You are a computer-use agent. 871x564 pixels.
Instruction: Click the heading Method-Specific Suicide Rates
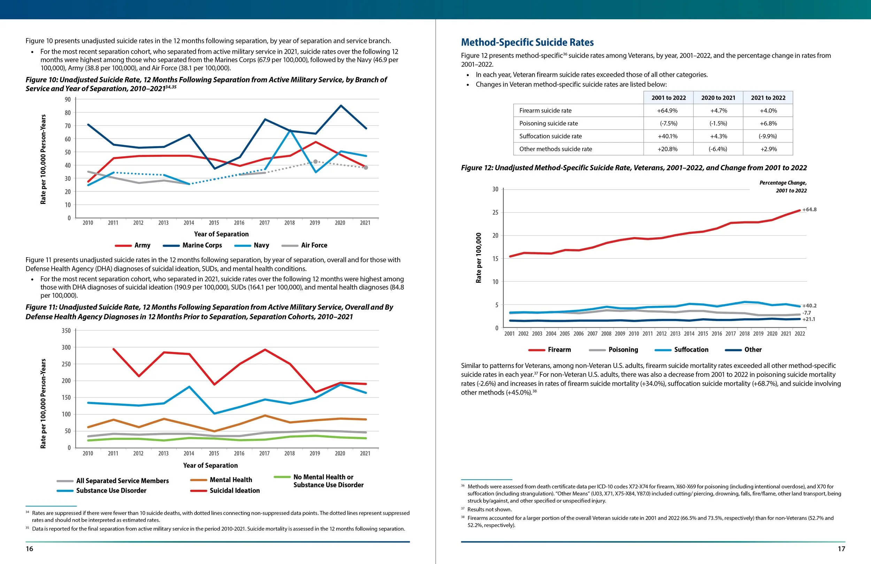[527, 43]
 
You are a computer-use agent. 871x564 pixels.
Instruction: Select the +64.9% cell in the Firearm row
[667, 110]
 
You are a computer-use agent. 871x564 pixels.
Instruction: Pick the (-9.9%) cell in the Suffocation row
[768, 136]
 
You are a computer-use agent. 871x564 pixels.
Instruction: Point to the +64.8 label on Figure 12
[809, 209]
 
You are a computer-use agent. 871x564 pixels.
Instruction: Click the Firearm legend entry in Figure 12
[559, 350]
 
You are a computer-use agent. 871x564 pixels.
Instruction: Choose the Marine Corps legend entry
[202, 245]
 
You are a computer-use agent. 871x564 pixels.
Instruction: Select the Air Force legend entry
[314, 245]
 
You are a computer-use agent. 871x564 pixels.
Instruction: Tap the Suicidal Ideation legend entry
[234, 490]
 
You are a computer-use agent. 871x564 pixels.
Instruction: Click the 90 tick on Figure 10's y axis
[68, 100]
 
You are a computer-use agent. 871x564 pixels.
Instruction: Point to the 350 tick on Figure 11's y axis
[66, 331]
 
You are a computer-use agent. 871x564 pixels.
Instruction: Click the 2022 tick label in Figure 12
[800, 334]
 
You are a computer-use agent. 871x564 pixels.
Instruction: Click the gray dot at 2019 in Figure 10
[315, 161]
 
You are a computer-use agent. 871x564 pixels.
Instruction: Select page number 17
[841, 549]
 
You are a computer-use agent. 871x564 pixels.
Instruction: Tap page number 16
[29, 549]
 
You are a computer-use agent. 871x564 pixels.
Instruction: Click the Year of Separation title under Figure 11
[210, 465]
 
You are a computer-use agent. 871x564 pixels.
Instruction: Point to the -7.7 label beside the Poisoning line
[807, 313]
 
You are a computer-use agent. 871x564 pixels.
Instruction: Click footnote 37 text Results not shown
[489, 509]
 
